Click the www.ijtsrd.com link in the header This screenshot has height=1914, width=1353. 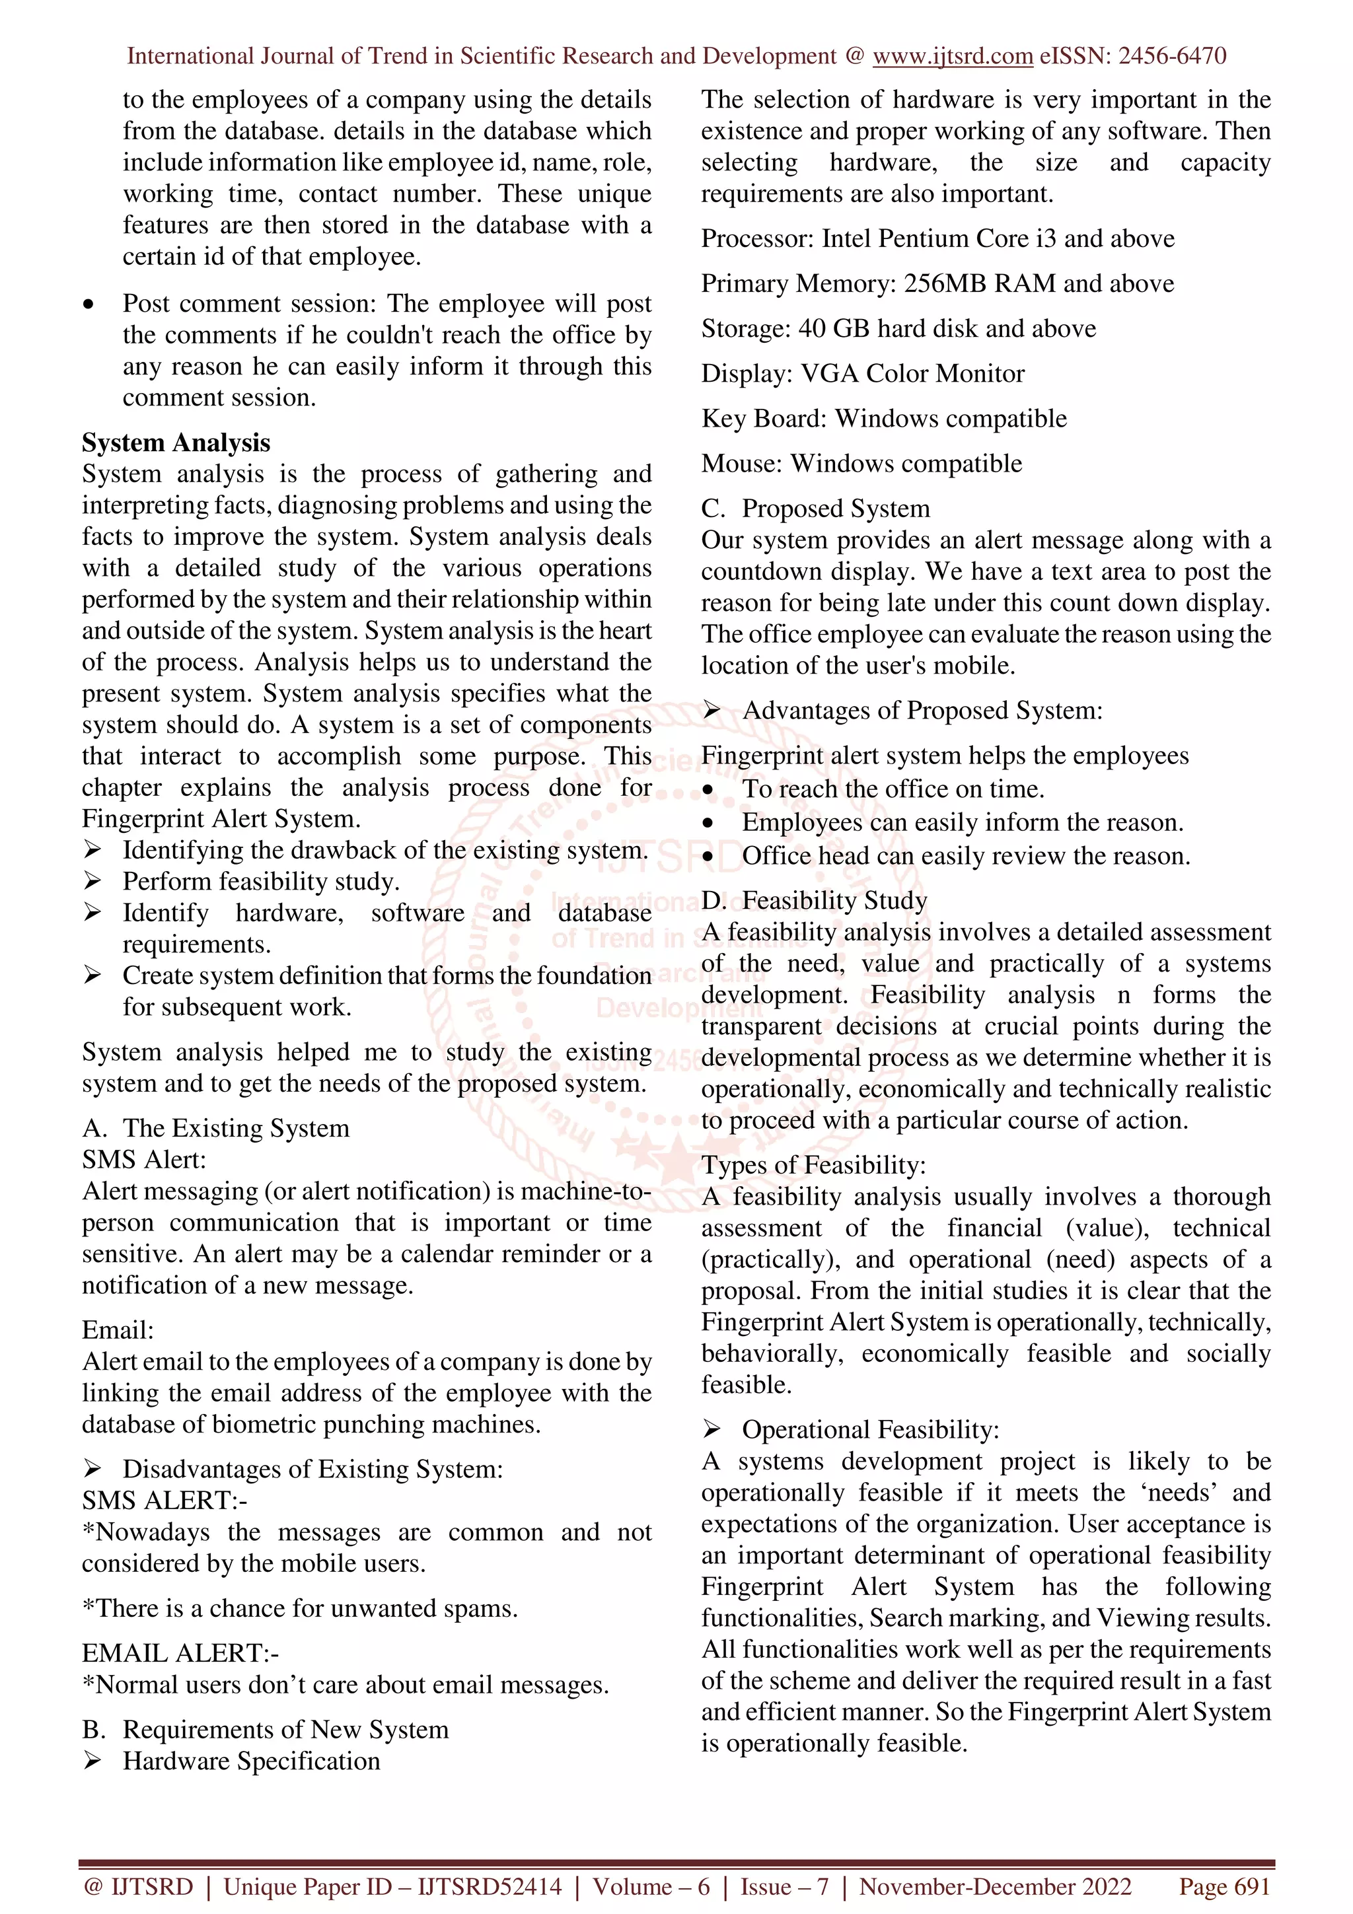point(952,56)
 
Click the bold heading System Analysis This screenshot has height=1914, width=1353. point(176,443)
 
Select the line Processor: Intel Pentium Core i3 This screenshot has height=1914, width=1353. point(937,238)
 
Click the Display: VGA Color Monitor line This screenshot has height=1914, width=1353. point(862,373)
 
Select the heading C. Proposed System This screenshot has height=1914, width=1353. point(815,509)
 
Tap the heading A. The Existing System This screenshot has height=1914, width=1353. point(215,1128)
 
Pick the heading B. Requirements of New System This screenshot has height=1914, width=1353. point(265,1730)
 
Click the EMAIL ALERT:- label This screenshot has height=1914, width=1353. point(180,1653)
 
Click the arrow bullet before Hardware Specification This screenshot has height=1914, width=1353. point(92,1761)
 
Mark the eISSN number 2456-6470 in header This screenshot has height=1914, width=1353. point(1171,56)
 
